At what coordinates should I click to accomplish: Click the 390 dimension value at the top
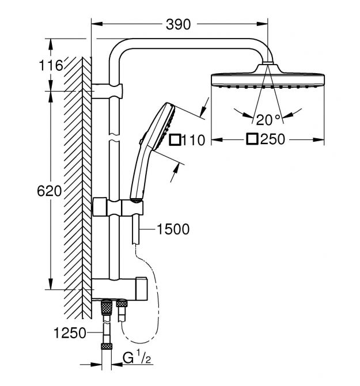[178, 24]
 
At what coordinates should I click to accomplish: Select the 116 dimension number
[51, 66]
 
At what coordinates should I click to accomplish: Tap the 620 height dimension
[49, 191]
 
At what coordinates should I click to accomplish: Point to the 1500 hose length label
[173, 229]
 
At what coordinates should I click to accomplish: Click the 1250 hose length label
[70, 334]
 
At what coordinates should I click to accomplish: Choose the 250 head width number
[272, 139]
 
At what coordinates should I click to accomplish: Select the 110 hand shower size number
[193, 141]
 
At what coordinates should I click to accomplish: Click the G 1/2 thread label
[137, 358]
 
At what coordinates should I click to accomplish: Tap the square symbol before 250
[252, 139]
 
